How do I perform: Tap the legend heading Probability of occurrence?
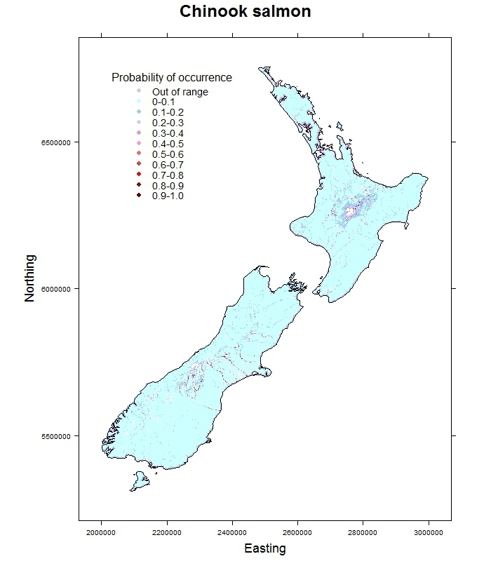(x=172, y=77)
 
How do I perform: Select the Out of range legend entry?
(x=180, y=92)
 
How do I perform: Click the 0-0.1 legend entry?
(x=164, y=102)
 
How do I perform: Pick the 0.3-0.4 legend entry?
(x=168, y=133)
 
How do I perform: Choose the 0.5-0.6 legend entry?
(x=168, y=154)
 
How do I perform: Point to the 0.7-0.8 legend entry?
(x=168, y=175)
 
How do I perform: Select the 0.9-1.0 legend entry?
(x=168, y=196)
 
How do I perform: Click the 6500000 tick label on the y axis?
(x=56, y=142)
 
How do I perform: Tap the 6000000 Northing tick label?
(x=56, y=289)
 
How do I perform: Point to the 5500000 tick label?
(x=56, y=435)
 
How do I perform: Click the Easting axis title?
(x=264, y=548)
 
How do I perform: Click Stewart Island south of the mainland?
(x=139, y=482)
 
